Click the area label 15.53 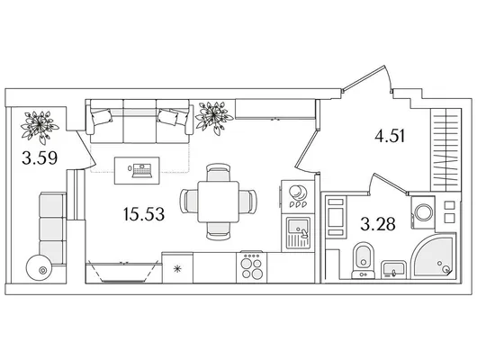click(144, 214)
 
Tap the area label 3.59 click(40, 157)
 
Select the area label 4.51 click(390, 136)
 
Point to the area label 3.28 click(378, 224)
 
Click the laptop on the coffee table click(141, 170)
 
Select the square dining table click(219, 202)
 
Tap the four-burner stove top click(252, 268)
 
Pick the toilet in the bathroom click(363, 260)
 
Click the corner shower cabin click(434, 256)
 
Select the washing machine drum click(424, 212)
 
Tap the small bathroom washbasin click(394, 269)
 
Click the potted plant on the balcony click(40, 126)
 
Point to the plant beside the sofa click(214, 118)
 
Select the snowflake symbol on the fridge click(177, 269)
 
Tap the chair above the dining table click(218, 173)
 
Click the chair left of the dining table click(189, 201)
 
